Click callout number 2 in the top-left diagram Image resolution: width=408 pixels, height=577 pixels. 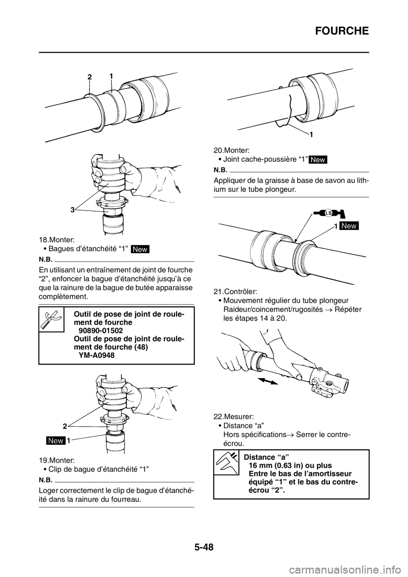(x=90, y=78)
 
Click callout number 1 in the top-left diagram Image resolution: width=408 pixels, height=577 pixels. (x=110, y=75)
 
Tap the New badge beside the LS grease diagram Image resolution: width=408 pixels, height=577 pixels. (x=349, y=226)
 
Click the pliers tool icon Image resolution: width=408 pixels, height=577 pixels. (x=51, y=319)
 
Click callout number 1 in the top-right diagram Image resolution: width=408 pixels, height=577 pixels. (x=312, y=134)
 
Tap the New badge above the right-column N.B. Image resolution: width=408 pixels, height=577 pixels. (x=318, y=159)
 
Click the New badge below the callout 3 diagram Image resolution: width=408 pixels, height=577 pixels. (x=140, y=249)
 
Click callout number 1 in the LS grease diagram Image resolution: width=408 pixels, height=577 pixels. (x=335, y=226)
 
